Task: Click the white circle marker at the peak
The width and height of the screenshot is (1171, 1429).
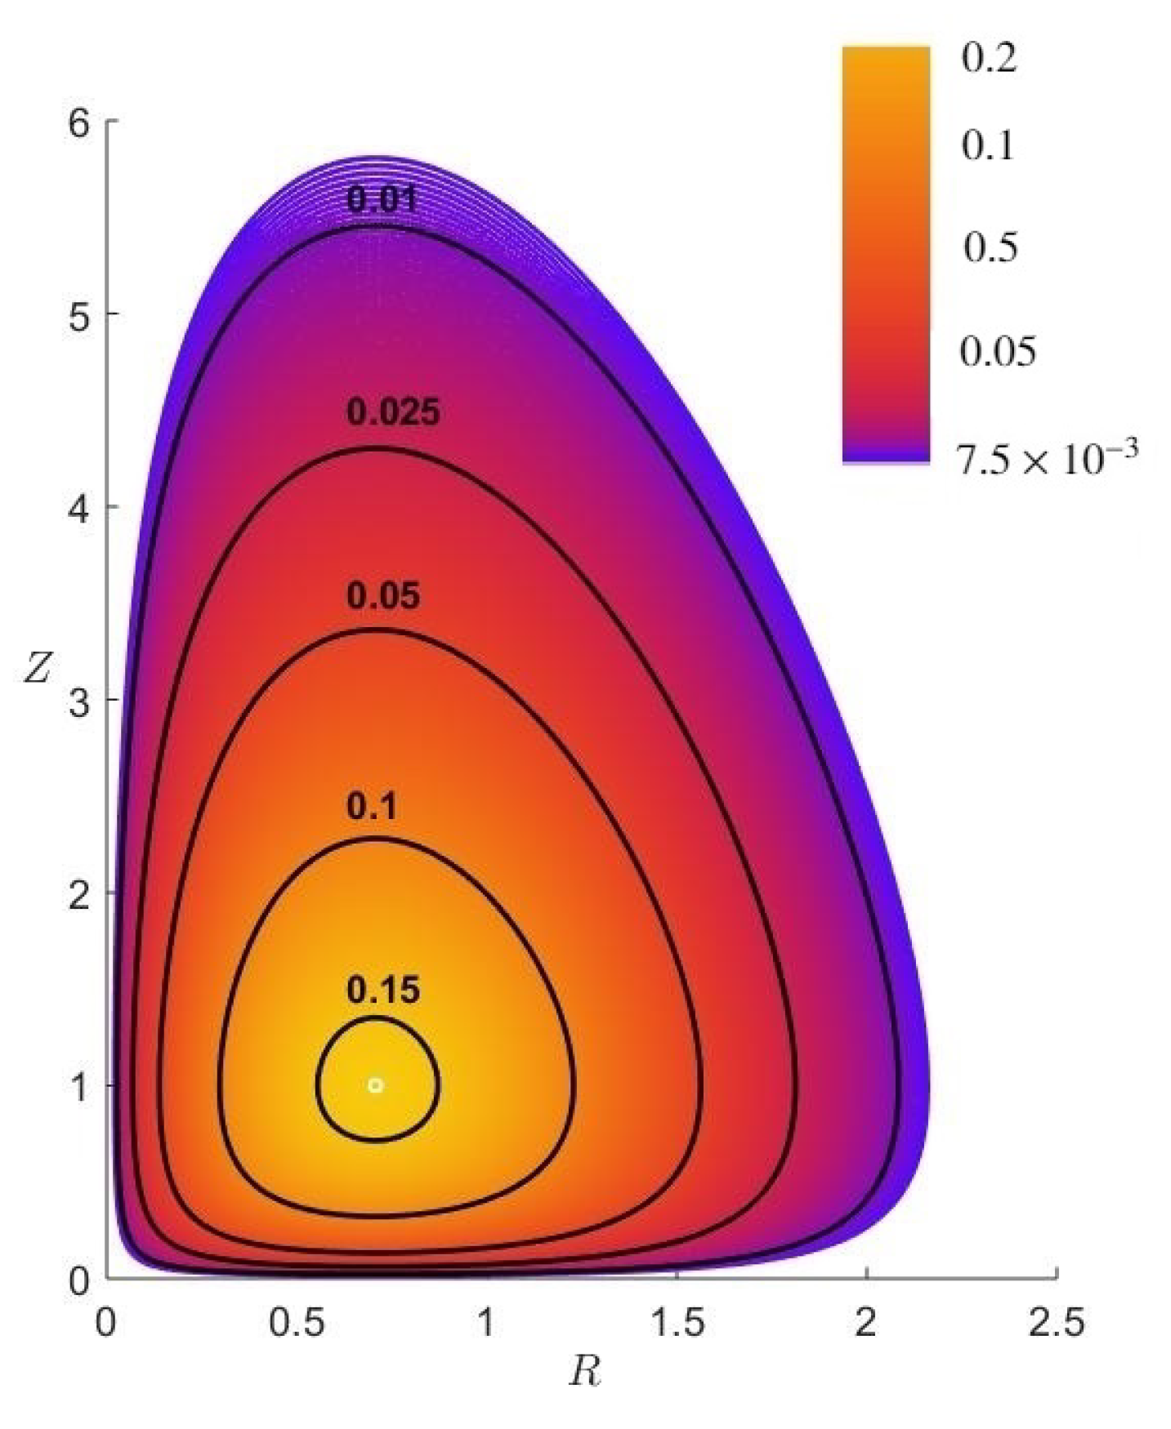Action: point(375,1085)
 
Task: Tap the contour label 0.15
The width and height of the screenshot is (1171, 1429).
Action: point(383,991)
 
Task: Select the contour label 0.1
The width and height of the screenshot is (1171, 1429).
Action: point(372,808)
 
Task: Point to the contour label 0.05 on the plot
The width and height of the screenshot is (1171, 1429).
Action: point(383,596)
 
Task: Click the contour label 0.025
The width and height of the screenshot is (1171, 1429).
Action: point(393,412)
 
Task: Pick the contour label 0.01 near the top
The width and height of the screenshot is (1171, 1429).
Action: point(382,200)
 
